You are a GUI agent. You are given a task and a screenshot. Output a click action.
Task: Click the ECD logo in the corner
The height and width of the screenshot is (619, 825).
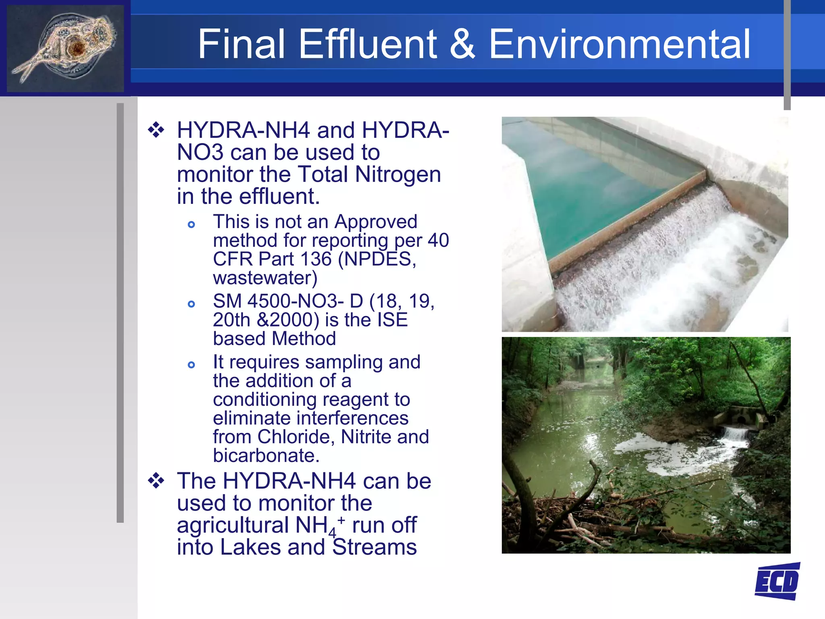pyautogui.click(x=777, y=582)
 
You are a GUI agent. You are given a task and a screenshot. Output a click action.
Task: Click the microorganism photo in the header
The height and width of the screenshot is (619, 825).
pyautogui.click(x=65, y=48)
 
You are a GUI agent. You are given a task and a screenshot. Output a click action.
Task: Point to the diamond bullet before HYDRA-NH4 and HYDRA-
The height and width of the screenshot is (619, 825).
pyautogui.click(x=156, y=130)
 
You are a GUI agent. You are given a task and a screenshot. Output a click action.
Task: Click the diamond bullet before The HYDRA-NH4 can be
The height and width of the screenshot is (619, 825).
pyautogui.click(x=156, y=481)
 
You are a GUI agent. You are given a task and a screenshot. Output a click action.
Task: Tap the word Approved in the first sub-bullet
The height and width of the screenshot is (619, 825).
pyautogui.click(x=375, y=222)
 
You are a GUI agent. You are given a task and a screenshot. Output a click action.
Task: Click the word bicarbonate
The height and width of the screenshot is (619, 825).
pyautogui.click(x=266, y=455)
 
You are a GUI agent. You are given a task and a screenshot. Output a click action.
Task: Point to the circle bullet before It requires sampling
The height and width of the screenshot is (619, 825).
pyautogui.click(x=191, y=365)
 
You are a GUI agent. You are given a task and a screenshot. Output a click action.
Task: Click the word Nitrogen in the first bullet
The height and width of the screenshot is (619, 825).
pyautogui.click(x=398, y=174)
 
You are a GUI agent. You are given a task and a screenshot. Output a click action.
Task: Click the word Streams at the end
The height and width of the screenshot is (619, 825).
pyautogui.click(x=375, y=547)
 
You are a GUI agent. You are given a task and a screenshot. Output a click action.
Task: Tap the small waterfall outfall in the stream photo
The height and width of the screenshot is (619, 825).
pyautogui.click(x=736, y=434)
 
